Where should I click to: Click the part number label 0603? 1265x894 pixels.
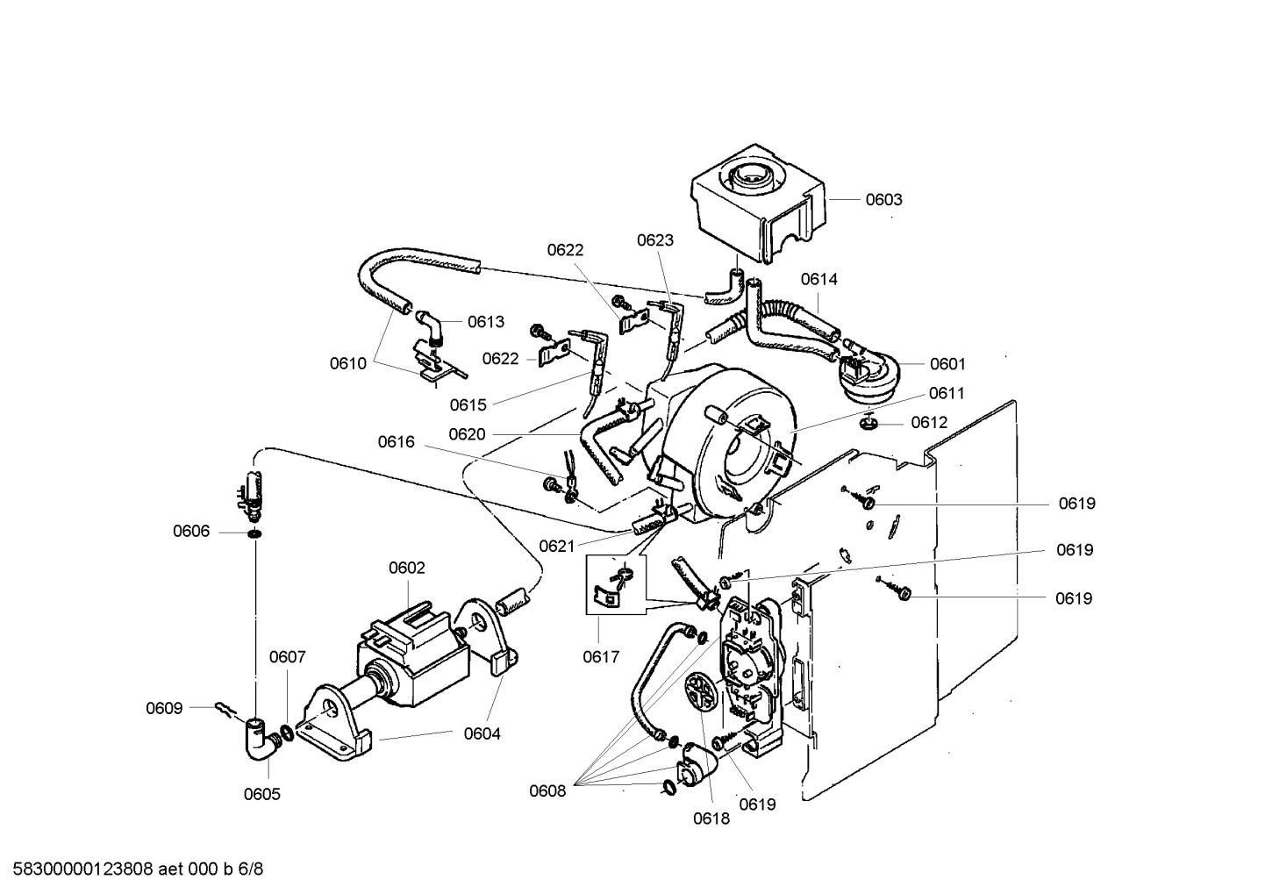pos(883,199)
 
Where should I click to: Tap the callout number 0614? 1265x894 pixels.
pos(818,279)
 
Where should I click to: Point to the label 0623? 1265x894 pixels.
pos(655,240)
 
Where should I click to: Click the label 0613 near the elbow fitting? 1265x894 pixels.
pos(485,322)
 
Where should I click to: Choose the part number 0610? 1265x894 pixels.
pos(348,363)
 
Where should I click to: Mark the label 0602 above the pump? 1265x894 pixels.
pos(407,568)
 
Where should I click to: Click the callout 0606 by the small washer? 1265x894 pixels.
pos(191,531)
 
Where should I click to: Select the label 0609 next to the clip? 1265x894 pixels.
pos(164,708)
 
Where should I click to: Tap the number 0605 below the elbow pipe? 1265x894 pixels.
pos(262,794)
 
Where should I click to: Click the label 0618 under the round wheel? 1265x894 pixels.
pos(711,819)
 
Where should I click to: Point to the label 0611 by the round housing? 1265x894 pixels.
pos(947,393)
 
